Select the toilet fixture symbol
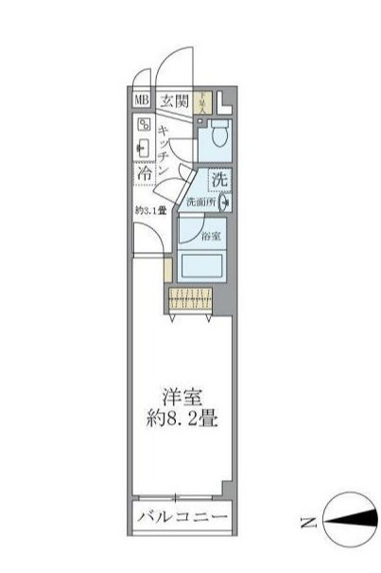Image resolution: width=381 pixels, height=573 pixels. point(216,134)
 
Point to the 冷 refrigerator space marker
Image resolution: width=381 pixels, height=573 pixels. point(144,175)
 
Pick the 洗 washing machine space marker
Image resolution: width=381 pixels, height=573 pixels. point(218,178)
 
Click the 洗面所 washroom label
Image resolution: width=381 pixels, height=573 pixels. point(199,202)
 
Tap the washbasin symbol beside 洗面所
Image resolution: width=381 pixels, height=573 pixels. point(225,202)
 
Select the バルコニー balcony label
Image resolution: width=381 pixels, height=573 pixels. point(181,517)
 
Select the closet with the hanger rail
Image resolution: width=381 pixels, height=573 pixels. point(191,300)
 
